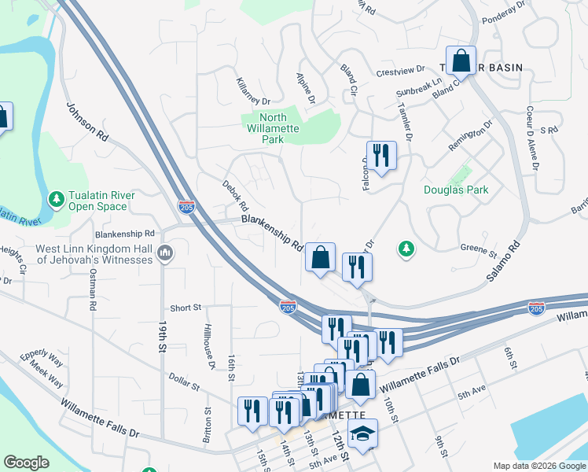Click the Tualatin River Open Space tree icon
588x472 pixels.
pyautogui.click(x=56, y=196)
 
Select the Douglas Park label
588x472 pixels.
pyautogui.click(x=456, y=190)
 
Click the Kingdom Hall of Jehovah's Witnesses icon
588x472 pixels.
pyautogui.click(x=165, y=253)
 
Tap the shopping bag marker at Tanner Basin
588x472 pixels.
pyautogui.click(x=463, y=61)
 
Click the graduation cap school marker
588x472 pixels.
pyautogui.click(x=362, y=433)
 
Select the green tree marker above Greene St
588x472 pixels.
pyautogui.click(x=406, y=249)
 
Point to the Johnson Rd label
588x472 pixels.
pyautogui.click(x=86, y=123)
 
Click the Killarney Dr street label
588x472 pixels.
pyautogui.click(x=253, y=91)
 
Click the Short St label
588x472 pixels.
pyautogui.click(x=186, y=308)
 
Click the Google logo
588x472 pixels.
pyautogui.click(x=27, y=463)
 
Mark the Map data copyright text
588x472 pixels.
pyautogui.click(x=538, y=466)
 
